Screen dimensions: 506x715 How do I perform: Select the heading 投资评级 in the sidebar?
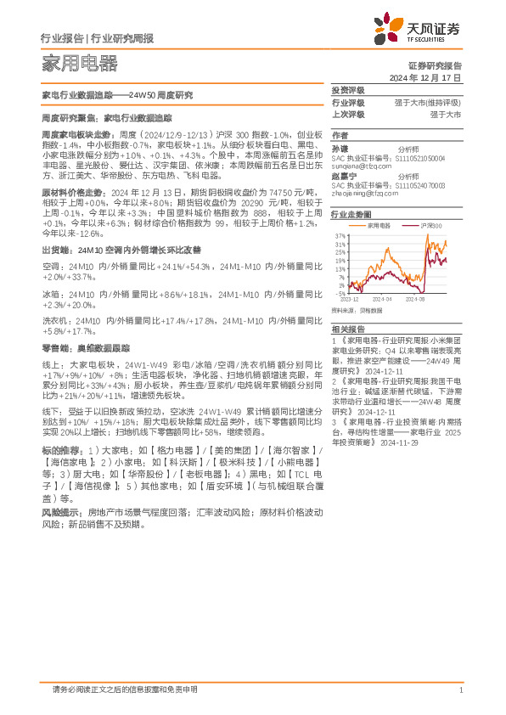(x=347, y=90)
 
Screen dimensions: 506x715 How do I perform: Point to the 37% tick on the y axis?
(x=340, y=235)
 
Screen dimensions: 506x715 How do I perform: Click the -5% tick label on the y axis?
(x=340, y=294)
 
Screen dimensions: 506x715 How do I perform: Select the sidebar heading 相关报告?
(x=347, y=328)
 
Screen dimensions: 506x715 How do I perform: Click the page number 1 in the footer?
(x=459, y=690)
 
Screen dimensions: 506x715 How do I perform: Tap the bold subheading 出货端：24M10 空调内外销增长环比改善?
(x=121, y=250)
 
